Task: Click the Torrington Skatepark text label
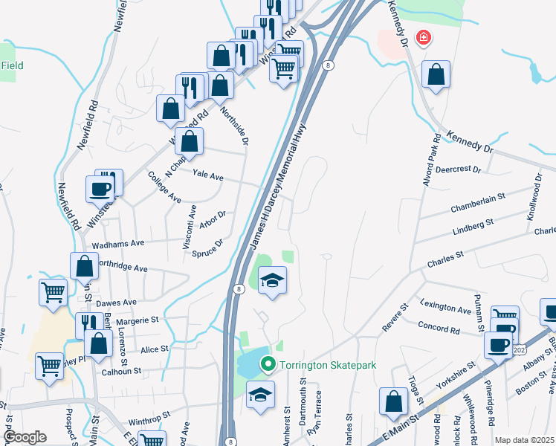click(x=325, y=365)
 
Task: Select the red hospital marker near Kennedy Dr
click(x=424, y=36)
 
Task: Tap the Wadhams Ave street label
click(x=117, y=243)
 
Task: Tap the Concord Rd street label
click(x=439, y=327)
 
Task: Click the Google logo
click(x=24, y=437)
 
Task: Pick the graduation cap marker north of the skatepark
click(x=273, y=280)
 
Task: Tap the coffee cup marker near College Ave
click(x=100, y=189)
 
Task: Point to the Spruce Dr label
click(x=209, y=248)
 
